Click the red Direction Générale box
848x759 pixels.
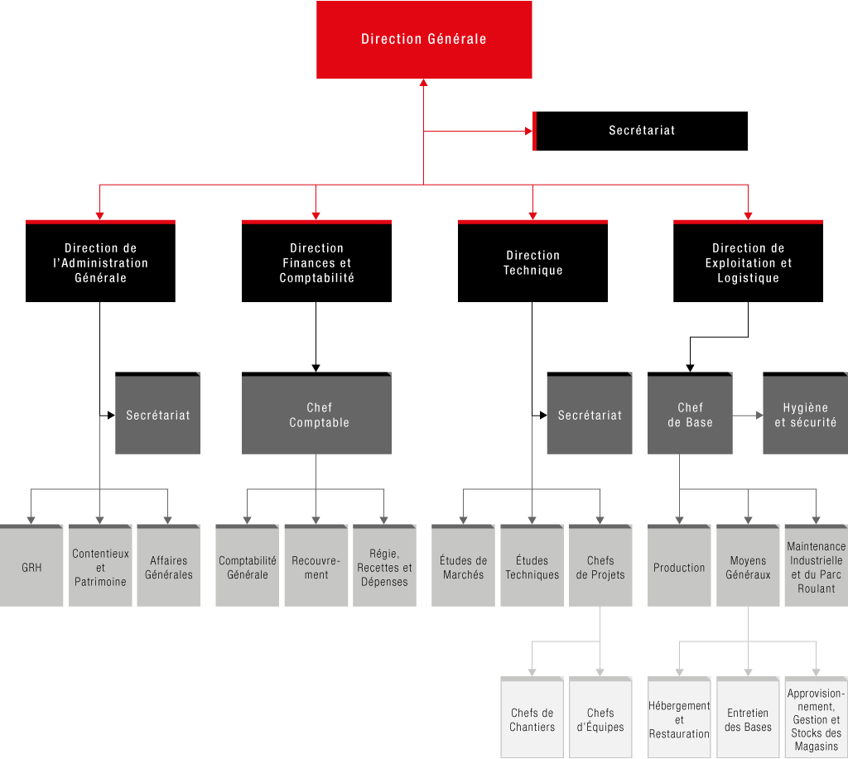[x=424, y=40]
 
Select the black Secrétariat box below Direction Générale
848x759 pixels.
[x=640, y=131]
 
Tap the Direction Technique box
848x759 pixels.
[x=532, y=261]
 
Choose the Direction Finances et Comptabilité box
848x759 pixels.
[x=316, y=261]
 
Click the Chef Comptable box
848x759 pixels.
[x=316, y=413]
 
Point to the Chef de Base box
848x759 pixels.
[x=690, y=413]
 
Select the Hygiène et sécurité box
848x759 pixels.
[x=805, y=413]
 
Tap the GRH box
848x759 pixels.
[x=31, y=565]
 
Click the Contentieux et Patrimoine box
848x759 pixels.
[x=100, y=565]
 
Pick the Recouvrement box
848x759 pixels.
[x=316, y=565]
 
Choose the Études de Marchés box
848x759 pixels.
[x=463, y=565]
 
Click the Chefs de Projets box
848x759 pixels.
[x=600, y=565]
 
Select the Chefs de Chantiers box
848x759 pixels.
[x=532, y=718]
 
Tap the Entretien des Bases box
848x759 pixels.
[x=748, y=718]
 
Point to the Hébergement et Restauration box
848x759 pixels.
[x=679, y=718]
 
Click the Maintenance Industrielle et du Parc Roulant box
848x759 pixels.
[x=816, y=565]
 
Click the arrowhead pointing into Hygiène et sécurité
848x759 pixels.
[x=759, y=416]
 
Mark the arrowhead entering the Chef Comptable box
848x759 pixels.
[x=316, y=368]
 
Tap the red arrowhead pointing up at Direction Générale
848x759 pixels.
[x=423, y=83]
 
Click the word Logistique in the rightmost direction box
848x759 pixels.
[x=748, y=278]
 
